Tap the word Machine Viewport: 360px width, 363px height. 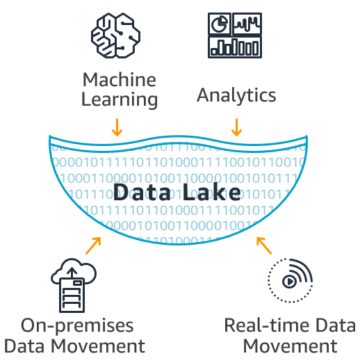(119, 79)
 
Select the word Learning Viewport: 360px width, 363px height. (119, 99)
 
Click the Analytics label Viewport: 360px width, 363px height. (236, 94)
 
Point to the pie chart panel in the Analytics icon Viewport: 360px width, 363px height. (220, 24)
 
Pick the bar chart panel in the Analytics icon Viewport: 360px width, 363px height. (236, 47)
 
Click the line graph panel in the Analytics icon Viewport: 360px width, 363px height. (247, 24)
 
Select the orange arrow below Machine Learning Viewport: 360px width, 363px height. (117, 127)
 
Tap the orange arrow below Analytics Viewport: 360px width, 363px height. (236, 127)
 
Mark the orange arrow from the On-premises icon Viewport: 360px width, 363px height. (93, 245)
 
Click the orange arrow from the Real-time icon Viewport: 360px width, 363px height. (263, 245)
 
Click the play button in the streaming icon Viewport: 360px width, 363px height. (288, 282)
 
